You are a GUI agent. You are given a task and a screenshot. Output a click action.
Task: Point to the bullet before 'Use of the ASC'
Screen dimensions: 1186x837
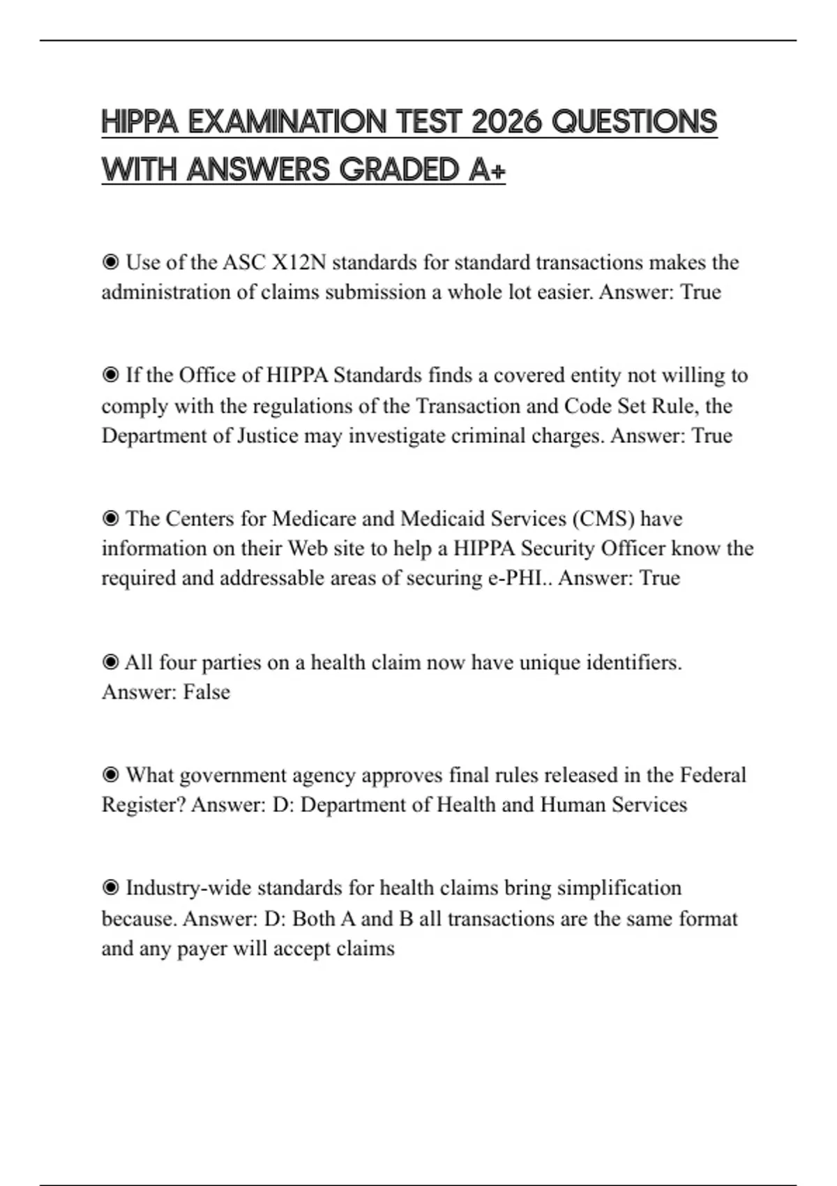tap(110, 262)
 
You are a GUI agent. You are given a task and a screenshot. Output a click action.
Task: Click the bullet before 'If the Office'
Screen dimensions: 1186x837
tap(110, 375)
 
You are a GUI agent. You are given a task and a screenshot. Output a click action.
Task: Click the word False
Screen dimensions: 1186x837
tap(206, 691)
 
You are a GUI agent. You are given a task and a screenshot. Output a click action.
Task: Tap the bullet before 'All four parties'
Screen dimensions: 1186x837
tap(110, 662)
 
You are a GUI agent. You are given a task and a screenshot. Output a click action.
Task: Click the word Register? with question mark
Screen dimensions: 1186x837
tap(144, 804)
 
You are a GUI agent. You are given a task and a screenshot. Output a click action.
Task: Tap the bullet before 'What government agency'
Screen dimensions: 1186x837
tap(110, 775)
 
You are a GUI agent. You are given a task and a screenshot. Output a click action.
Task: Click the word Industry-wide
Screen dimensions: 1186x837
tap(188, 888)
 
